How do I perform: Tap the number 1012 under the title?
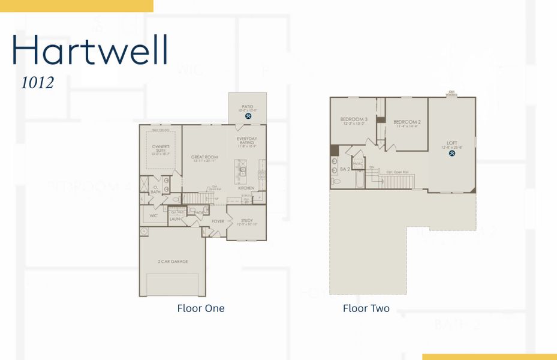click(38, 83)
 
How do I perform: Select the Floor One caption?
click(201, 308)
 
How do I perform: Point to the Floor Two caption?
click(366, 308)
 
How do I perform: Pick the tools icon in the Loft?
click(451, 153)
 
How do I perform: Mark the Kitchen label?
click(246, 188)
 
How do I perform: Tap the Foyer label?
click(218, 221)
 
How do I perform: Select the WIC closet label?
click(153, 215)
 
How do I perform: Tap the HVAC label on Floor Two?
click(358, 163)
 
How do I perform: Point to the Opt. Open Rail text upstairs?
click(397, 172)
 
